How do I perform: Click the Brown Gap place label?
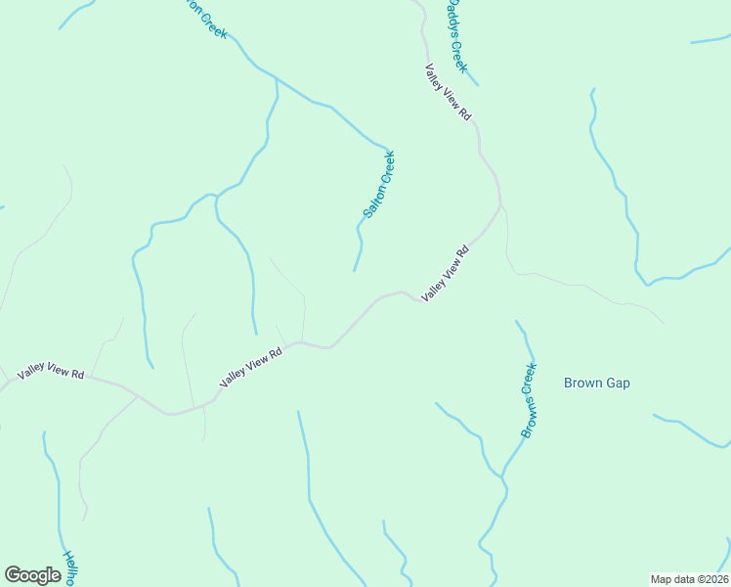point(597,383)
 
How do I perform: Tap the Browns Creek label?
point(529,400)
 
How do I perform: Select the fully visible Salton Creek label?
point(378,184)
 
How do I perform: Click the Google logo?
point(32,575)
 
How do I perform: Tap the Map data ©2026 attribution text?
point(688,578)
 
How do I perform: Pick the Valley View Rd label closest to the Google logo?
point(50,375)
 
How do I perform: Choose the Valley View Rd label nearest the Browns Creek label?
point(446,273)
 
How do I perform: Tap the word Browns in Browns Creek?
point(526,415)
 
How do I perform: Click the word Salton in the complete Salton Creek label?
point(372,200)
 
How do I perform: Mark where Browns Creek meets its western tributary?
point(502,476)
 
